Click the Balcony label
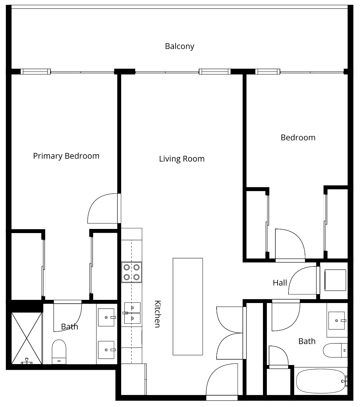click(x=180, y=46)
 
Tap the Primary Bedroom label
click(x=66, y=156)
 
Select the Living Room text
click(x=182, y=159)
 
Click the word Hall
click(x=280, y=283)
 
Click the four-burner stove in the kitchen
click(x=131, y=272)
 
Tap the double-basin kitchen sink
click(x=132, y=313)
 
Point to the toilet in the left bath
click(x=59, y=352)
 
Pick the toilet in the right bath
click(x=335, y=350)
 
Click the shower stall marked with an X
click(x=27, y=338)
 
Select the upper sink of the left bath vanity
click(x=106, y=317)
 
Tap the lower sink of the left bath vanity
click(x=106, y=350)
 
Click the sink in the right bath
click(x=337, y=321)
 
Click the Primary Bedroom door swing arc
click(x=95, y=202)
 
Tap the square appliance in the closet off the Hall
click(x=335, y=280)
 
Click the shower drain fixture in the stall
click(x=27, y=362)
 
